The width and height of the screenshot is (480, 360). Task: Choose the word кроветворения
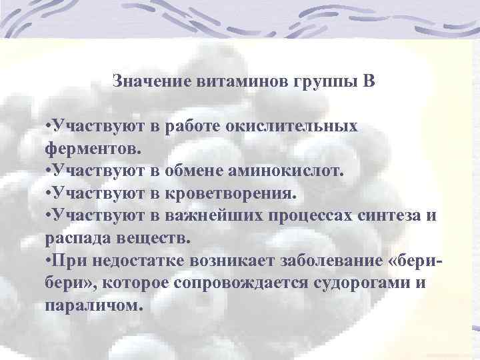coord(238,193)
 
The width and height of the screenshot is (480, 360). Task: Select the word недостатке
coord(142,260)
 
